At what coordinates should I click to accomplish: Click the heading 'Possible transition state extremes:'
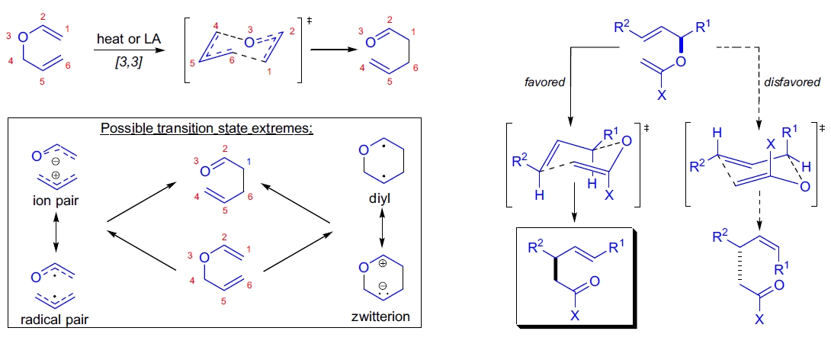coord(207,128)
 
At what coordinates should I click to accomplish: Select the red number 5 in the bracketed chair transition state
coord(194,63)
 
